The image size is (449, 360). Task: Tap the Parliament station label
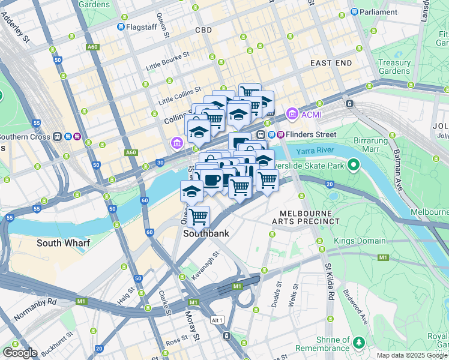click(378, 11)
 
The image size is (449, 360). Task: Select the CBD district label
click(204, 30)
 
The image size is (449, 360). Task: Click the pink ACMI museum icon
click(292, 113)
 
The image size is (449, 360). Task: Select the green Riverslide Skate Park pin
click(354, 163)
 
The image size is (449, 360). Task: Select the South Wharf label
click(63, 243)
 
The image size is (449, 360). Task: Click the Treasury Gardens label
click(394, 67)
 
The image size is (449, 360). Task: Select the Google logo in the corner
click(20, 352)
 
